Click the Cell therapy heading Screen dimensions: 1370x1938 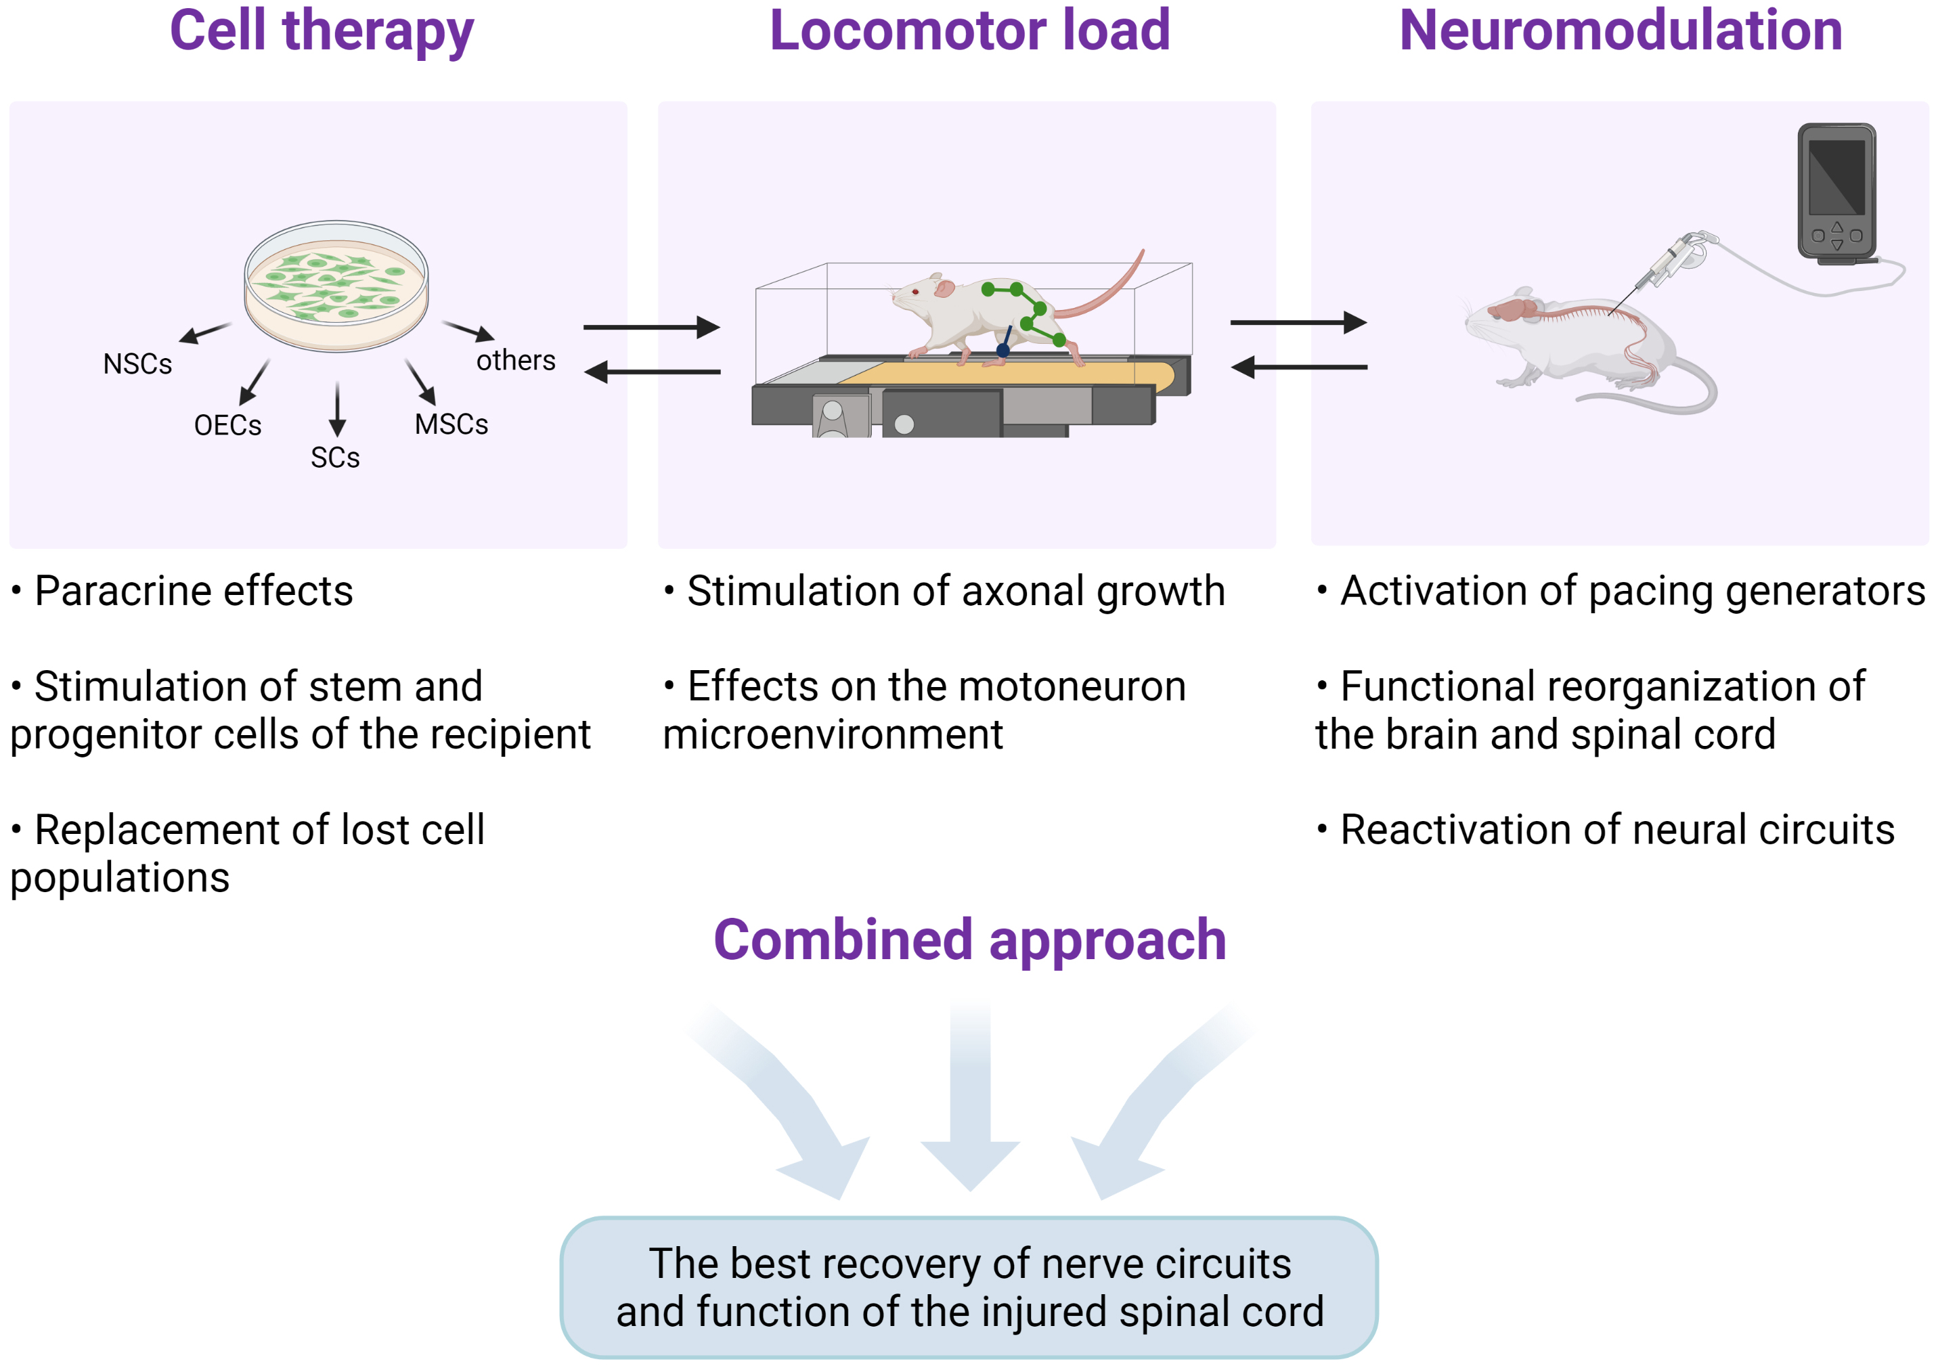coord(322,32)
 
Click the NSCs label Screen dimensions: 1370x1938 coord(137,363)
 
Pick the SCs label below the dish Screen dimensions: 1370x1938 coord(335,458)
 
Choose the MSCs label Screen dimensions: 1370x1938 coord(452,424)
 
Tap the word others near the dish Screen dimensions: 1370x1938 coord(516,361)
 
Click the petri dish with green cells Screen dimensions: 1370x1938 coord(336,286)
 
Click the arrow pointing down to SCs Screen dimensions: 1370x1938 coord(338,409)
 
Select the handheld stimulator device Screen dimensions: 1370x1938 coord(1836,192)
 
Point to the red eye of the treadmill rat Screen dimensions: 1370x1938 coord(915,292)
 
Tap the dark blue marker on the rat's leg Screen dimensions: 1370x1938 coord(1003,349)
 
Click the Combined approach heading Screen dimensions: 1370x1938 coord(969,940)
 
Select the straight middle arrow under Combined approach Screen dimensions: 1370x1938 coord(970,1097)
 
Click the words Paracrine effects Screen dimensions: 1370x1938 coord(194,591)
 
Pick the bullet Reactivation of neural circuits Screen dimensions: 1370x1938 coord(1616,830)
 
